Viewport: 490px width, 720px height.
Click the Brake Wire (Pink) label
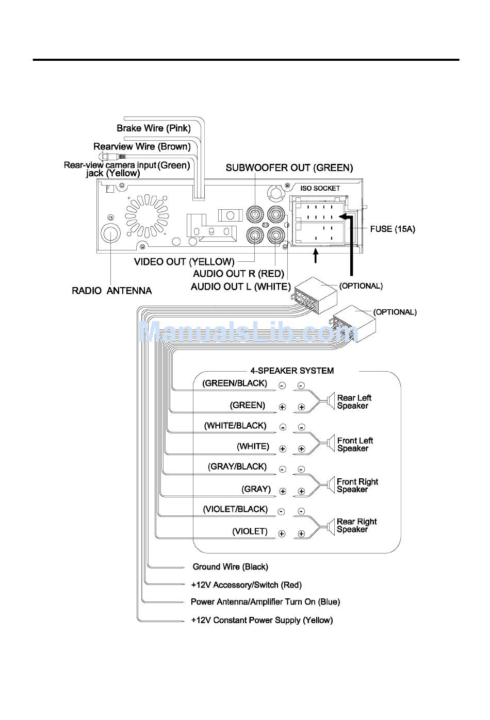[x=153, y=128]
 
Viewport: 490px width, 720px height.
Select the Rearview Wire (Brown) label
[x=142, y=147]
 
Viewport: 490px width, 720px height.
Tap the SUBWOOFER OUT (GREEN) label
[x=289, y=168]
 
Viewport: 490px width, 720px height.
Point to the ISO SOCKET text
[x=320, y=189]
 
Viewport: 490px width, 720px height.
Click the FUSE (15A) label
[x=392, y=229]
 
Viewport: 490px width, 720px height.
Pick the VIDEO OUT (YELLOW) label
[x=184, y=262]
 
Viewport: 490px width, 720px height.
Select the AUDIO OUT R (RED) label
[x=238, y=274]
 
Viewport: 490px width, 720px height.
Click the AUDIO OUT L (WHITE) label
[x=240, y=287]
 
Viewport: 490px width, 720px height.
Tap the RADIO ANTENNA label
[x=111, y=291]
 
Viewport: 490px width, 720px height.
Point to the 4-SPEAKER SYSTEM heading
[x=292, y=371]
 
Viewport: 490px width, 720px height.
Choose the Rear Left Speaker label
[x=354, y=402]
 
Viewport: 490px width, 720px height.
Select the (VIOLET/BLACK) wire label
[x=235, y=509]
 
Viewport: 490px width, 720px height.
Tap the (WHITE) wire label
[x=253, y=446]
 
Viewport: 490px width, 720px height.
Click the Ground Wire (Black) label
[x=230, y=567]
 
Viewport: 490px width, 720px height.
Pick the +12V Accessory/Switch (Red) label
[x=246, y=585]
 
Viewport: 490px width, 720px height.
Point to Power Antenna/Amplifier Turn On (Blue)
[x=265, y=602]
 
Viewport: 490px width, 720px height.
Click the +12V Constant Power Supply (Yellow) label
[x=262, y=621]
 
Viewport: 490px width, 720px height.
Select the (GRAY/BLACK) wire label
[x=237, y=467]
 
